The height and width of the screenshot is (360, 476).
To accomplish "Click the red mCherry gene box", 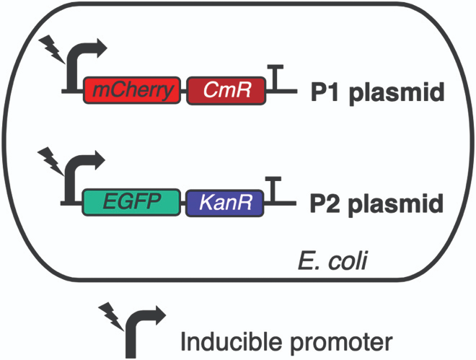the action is (x=132, y=90).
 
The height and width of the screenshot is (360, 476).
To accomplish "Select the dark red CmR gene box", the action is (x=226, y=90).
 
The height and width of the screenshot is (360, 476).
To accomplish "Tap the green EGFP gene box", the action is (x=131, y=202).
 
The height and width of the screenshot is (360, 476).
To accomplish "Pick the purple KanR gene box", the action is (x=225, y=203).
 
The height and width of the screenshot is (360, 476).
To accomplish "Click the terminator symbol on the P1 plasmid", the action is (x=276, y=78).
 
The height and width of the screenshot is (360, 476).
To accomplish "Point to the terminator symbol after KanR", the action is (x=273, y=190).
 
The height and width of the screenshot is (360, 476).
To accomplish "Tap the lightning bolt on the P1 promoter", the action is (x=52, y=49).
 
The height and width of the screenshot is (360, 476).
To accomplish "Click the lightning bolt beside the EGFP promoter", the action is (x=50, y=162).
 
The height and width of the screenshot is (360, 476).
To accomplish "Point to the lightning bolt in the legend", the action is (x=111, y=318).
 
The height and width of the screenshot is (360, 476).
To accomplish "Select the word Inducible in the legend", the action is (x=232, y=342).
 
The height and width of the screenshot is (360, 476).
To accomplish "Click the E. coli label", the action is (x=332, y=260).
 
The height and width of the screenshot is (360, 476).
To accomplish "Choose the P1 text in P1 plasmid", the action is (x=325, y=92).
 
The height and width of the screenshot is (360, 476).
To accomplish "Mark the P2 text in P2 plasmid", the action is (x=325, y=203).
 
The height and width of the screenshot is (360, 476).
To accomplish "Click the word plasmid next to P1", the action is (x=397, y=93).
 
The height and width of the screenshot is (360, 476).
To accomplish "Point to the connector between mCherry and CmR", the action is (x=184, y=90).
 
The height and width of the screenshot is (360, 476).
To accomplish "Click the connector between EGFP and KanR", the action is (x=182, y=203).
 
